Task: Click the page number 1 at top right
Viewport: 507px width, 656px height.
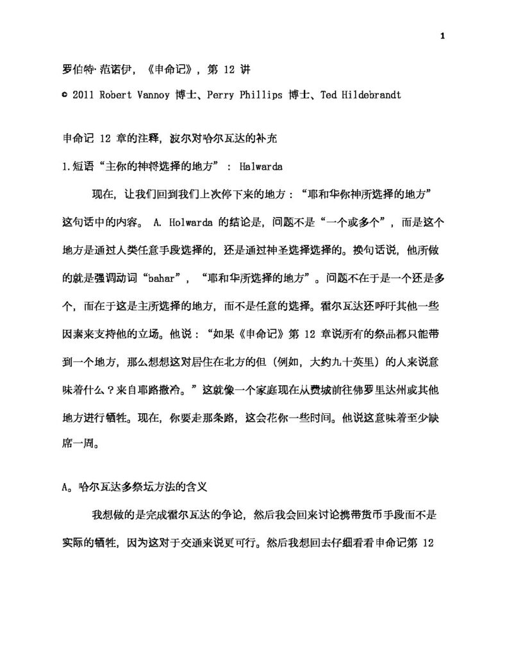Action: point(443,37)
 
